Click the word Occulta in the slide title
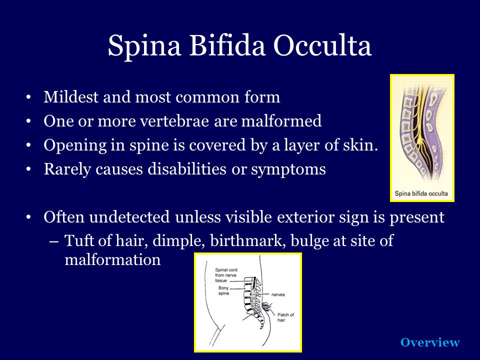click(x=322, y=46)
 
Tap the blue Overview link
click(x=430, y=342)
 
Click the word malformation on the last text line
click(x=112, y=260)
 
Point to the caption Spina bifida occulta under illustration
click(x=421, y=193)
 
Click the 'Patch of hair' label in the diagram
click(x=285, y=317)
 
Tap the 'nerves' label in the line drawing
click(x=278, y=294)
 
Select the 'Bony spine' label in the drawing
click(x=223, y=290)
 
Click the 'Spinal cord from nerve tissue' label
click(x=226, y=275)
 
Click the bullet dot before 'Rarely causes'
click(x=28, y=169)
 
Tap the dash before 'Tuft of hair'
click(x=53, y=241)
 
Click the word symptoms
click(x=288, y=169)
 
